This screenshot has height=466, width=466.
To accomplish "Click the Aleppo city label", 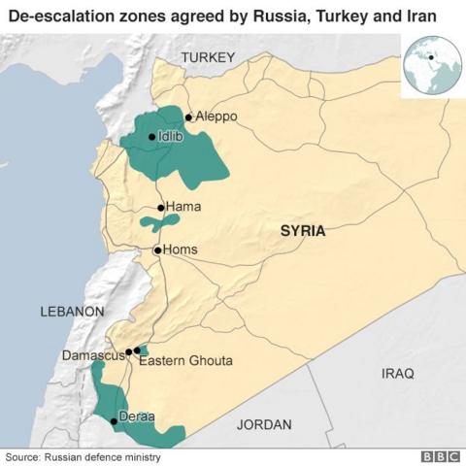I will click(216, 116).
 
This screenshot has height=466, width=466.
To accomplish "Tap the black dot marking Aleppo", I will click(188, 116).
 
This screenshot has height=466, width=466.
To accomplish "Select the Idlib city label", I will click(170, 137).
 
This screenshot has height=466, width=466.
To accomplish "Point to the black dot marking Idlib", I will click(150, 137).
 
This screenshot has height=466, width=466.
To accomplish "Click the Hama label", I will click(183, 207).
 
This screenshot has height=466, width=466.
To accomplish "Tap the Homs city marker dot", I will click(157, 250).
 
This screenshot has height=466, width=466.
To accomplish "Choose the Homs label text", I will click(180, 250).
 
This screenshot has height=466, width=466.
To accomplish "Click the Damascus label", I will click(93, 355).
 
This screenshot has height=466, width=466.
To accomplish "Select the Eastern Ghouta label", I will click(185, 361).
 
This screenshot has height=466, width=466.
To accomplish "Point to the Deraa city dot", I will click(114, 420).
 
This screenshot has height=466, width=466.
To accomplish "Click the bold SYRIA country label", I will click(303, 231).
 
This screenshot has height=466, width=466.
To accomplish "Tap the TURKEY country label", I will click(208, 58).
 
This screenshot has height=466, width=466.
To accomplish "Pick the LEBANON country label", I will click(72, 312).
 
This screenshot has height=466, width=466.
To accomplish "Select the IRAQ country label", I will click(397, 373).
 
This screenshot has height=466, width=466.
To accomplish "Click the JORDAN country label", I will click(263, 425).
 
